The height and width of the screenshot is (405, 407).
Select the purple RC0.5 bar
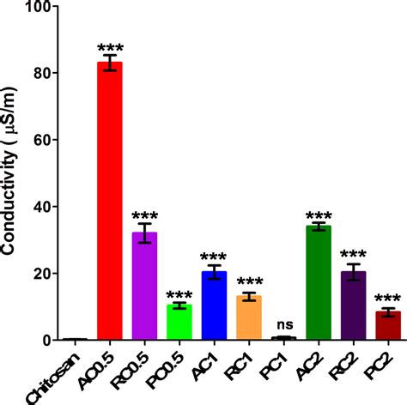coord(144,287)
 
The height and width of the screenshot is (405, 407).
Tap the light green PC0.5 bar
coord(179,323)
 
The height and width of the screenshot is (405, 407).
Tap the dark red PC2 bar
coord(387,326)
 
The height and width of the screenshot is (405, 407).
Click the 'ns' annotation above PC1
coord(283,324)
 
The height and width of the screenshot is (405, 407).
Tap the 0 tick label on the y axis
coord(66,341)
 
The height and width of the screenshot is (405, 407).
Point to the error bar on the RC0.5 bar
coord(144,233)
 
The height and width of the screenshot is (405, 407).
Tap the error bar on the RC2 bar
coord(353,273)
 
